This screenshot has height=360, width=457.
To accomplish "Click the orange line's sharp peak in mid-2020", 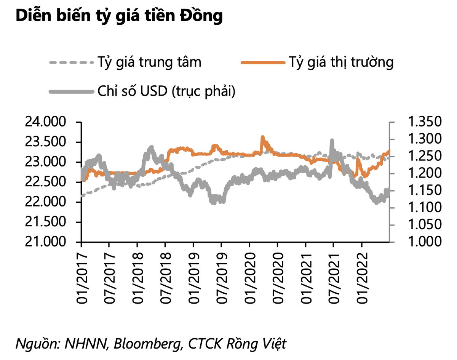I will click(262, 137).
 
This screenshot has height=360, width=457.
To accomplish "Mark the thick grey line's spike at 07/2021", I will click(332, 141).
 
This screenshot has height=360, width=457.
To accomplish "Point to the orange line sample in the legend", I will click(263, 62).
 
